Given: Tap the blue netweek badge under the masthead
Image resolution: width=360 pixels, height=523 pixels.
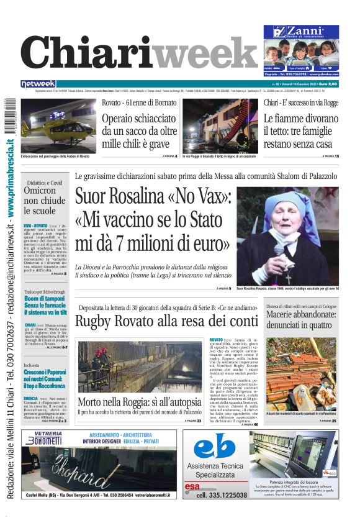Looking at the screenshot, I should [x=38, y=83].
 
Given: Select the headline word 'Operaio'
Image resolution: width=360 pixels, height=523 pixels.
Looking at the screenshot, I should [x=123, y=118].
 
